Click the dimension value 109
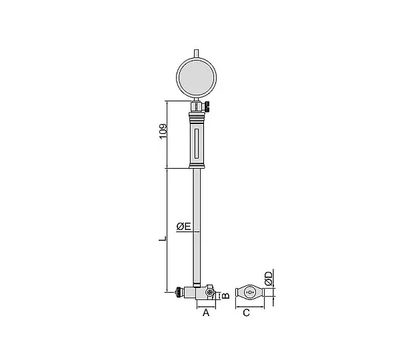pyautogui.click(x=163, y=131)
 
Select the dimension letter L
pyautogui.click(x=163, y=239)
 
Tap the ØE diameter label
pyautogui.click(x=184, y=226)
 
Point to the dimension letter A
pyautogui.click(x=206, y=313)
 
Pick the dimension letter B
pyautogui.click(x=225, y=295)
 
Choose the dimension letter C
pyautogui.click(x=246, y=313)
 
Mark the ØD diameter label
pyautogui.click(x=269, y=279)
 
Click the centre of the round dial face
pyautogui.click(x=196, y=77)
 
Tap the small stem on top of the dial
pyautogui.click(x=196, y=53)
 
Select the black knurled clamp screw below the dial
pyautogui.click(x=207, y=107)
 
